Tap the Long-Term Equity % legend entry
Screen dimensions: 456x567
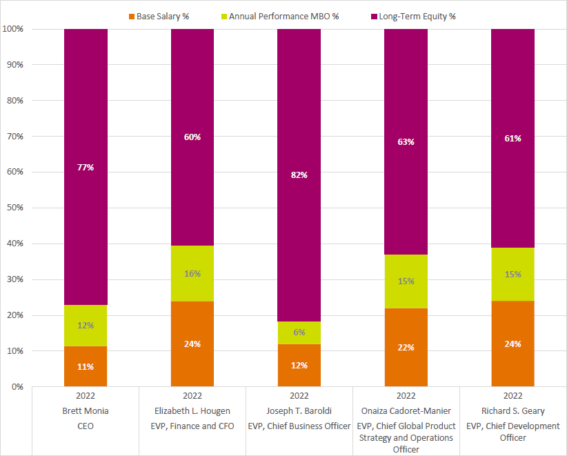[x=415, y=16]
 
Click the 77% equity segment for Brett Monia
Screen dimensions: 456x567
[x=86, y=167]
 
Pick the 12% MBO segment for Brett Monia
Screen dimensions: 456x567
[x=86, y=325]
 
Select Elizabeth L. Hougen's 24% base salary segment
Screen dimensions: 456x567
[x=192, y=344]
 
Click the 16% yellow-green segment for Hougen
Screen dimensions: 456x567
[x=192, y=274]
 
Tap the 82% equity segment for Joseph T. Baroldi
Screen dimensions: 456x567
[x=299, y=175]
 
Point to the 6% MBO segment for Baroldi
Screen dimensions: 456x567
[x=299, y=333]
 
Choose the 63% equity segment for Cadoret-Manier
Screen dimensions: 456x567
[x=406, y=142]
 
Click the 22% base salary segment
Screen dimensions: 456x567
[x=406, y=347]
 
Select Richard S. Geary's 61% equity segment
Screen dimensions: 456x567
[x=513, y=138]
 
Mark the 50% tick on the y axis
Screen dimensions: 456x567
[x=14, y=208]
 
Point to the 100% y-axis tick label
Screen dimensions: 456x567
[x=12, y=29]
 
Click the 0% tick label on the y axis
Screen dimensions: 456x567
[x=17, y=387]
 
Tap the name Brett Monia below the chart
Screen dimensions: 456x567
[x=86, y=411]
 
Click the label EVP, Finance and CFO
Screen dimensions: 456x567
[x=192, y=426]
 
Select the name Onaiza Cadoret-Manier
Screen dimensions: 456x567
[x=406, y=411]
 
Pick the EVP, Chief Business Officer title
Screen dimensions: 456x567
[x=299, y=426]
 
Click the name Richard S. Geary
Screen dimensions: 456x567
[x=513, y=411]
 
